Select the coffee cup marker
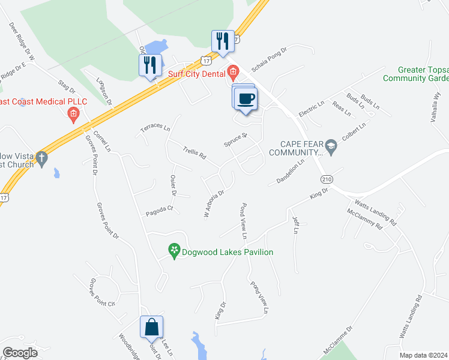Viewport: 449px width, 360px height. point(245,98)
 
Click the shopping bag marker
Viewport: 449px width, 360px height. point(151,328)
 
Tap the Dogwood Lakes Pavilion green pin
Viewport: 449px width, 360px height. point(174,251)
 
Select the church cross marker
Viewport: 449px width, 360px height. point(41,158)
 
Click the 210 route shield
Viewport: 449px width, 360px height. point(326,179)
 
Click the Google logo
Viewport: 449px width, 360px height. point(20,352)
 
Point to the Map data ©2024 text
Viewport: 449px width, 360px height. point(424,355)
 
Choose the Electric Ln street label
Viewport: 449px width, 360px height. point(312,109)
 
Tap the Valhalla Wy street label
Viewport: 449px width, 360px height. point(436,106)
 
